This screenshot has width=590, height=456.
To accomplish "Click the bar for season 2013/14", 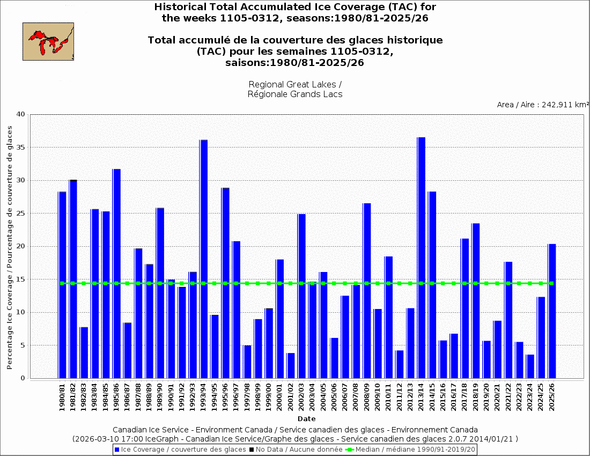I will click(421, 258).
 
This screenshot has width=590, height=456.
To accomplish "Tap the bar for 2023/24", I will click(530, 366).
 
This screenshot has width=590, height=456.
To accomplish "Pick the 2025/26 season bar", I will click(551, 311).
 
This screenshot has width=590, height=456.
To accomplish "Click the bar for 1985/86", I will click(116, 274).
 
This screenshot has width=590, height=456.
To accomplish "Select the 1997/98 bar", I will click(247, 362).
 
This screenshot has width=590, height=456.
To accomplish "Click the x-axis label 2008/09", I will click(367, 398).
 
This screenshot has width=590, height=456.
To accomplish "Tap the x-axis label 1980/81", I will click(62, 398).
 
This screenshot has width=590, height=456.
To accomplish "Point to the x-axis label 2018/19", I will click(476, 398).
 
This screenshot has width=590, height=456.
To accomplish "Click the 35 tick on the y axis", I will click(21, 148).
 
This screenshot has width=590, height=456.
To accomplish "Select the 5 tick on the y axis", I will click(23, 345).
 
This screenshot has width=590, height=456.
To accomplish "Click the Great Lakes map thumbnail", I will click(48, 41).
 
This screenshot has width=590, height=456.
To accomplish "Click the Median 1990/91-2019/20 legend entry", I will click(410, 449).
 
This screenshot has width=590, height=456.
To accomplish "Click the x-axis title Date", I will click(307, 418).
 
